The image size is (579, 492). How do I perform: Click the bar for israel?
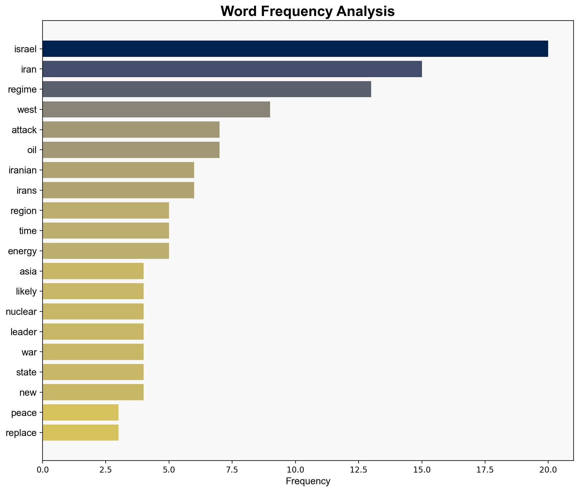click(x=295, y=49)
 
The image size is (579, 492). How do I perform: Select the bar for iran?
click(x=232, y=69)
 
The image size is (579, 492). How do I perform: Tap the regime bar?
click(x=207, y=89)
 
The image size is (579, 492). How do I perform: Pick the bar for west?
click(x=156, y=109)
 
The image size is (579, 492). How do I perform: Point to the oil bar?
click(x=131, y=150)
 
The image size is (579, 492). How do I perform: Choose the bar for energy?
click(x=106, y=251)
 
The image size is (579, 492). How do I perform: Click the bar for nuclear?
click(x=93, y=312)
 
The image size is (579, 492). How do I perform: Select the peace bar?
click(x=81, y=413)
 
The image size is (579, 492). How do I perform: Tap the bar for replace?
click(x=81, y=433)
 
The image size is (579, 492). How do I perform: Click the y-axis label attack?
click(x=24, y=130)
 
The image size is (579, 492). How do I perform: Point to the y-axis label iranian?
click(x=23, y=170)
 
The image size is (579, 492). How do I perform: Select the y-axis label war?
click(x=29, y=352)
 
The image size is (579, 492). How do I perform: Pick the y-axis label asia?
click(x=28, y=271)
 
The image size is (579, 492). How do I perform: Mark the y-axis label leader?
click(x=24, y=332)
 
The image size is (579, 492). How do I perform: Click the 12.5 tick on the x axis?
click(x=359, y=470)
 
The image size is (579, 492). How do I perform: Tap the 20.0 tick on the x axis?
click(x=548, y=470)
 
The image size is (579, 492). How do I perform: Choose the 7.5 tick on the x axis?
click(x=232, y=470)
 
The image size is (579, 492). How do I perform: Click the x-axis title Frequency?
click(x=308, y=481)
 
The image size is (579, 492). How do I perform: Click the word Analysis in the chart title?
click(x=365, y=12)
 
